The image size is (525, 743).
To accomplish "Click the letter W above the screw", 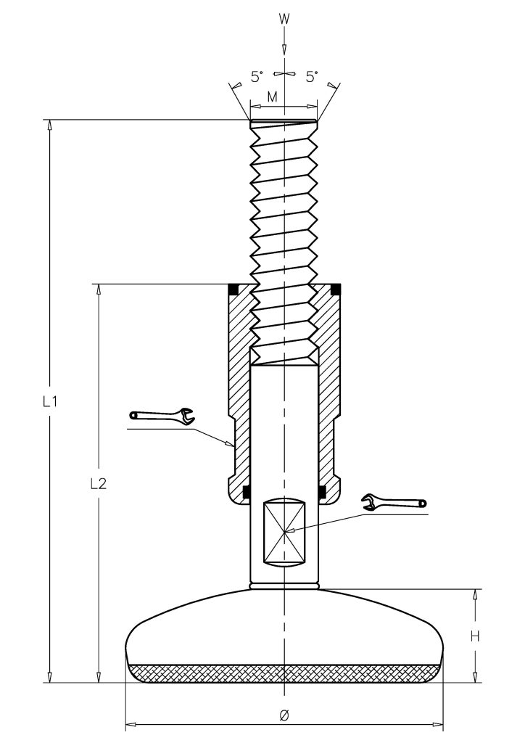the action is [284, 19].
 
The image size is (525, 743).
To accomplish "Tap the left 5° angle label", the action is [257, 77].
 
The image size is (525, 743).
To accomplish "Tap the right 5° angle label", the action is [312, 77].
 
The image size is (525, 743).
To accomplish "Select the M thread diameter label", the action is [272, 97].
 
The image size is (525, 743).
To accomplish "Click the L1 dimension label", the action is [50, 402].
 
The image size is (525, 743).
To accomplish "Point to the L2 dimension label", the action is [99, 484].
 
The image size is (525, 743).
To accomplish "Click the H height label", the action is [475, 636].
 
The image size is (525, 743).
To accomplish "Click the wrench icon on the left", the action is [162, 416].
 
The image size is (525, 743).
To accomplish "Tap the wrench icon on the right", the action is [394, 501].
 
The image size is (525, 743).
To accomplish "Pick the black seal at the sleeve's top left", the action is [233, 289].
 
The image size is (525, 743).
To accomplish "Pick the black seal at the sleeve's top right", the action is [336, 289].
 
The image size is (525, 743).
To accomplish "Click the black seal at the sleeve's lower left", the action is [246, 493].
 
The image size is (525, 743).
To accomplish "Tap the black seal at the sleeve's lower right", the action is [322, 493].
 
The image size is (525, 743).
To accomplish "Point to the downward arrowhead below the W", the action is [284, 50].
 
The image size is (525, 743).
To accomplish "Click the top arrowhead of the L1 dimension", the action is [49, 126].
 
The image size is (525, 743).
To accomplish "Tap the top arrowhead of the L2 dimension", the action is [99, 290].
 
